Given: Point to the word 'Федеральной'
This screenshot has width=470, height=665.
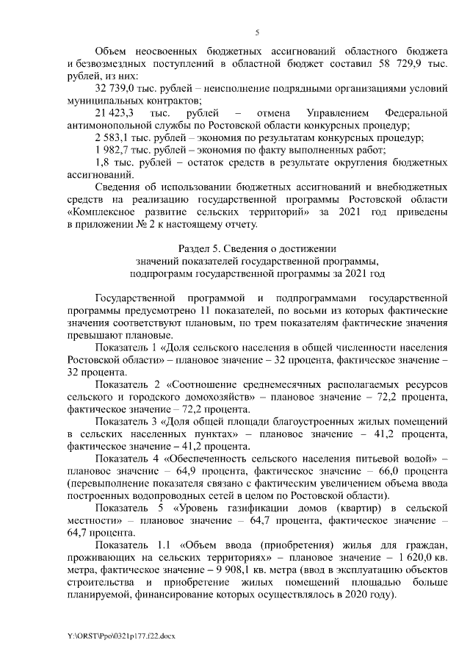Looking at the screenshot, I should coord(416,115).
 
